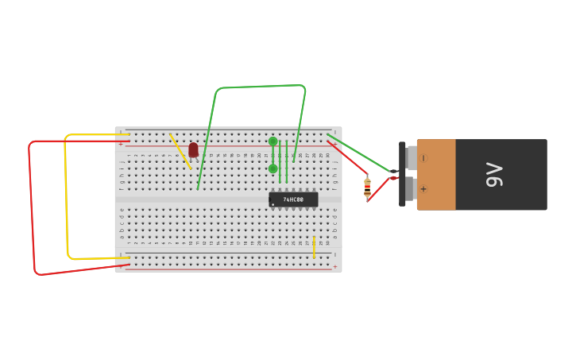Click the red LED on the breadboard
tap(193, 149)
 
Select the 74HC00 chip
tap(293, 199)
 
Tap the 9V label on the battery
tap(494, 175)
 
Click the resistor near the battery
tap(367, 187)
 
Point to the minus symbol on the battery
tap(423, 158)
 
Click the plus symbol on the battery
tap(423, 189)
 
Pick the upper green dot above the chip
tap(273, 141)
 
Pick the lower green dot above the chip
tap(273, 168)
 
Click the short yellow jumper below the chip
tap(314, 247)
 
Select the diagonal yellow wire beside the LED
tap(180, 151)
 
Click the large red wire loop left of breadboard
tap(32, 207)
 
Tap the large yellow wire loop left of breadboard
tap(66, 199)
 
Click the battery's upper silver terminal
tap(412, 157)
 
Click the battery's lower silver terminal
tap(411, 189)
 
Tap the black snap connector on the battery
tap(402, 173)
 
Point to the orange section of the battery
tap(435, 175)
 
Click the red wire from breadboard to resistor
tap(347, 157)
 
